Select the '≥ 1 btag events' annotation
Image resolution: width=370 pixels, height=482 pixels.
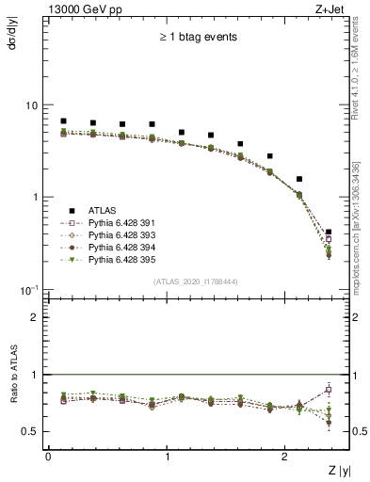coord(197,38)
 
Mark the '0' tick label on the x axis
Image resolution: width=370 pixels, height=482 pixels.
coord(48,456)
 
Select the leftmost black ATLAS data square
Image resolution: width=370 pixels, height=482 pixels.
coord(63,120)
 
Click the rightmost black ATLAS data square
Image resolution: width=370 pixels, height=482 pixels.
coord(329,232)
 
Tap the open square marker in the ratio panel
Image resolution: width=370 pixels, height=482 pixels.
coord(329,390)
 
